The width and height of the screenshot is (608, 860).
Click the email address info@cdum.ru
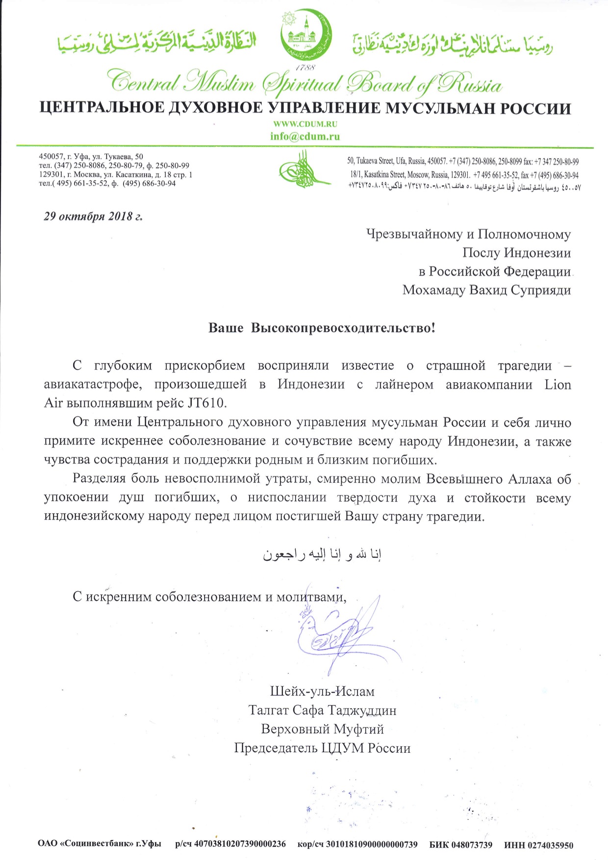[x=304, y=136]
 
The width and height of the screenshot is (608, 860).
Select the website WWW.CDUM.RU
[x=304, y=124]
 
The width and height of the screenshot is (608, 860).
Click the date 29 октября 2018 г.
[x=93, y=216]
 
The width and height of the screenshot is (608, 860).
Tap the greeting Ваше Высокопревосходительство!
[x=322, y=328]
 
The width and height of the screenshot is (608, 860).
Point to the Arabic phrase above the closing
[x=322, y=554]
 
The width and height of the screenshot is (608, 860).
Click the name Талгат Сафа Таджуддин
[x=322, y=710]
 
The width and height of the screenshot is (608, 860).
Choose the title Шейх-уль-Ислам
[x=322, y=691]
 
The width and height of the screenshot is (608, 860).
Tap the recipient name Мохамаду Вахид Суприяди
[x=486, y=290]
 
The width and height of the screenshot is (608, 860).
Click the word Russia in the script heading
[x=470, y=84]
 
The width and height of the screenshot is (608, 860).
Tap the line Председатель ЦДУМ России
[x=322, y=748]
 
